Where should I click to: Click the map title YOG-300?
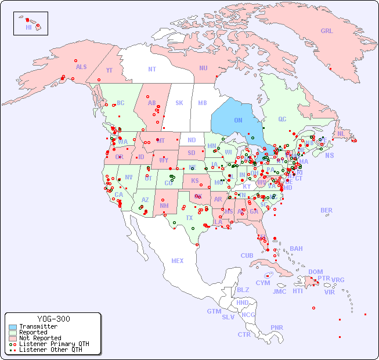[x=53, y=319]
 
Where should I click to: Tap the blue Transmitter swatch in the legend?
[x=12, y=327]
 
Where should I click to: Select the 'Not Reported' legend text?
[x=40, y=338]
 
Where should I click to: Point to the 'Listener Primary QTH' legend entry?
[x=54, y=344]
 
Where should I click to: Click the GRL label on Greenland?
[x=327, y=31]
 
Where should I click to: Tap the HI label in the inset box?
[x=28, y=27]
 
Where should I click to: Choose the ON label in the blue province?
[x=238, y=121]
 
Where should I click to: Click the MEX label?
[x=178, y=261]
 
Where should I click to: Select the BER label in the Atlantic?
[x=327, y=210]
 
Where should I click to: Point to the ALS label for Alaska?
[x=81, y=67]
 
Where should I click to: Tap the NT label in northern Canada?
[x=152, y=69]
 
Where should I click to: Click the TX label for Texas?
[x=189, y=218]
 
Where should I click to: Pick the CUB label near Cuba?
[x=247, y=255]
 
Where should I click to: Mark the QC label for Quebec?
[x=282, y=120]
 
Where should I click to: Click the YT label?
[x=109, y=71]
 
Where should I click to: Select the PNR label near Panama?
[x=277, y=327]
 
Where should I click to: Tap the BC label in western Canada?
[x=121, y=103]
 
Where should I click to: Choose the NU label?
[x=203, y=68]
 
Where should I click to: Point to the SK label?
[x=179, y=103]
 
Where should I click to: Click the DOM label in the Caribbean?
[x=315, y=272]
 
